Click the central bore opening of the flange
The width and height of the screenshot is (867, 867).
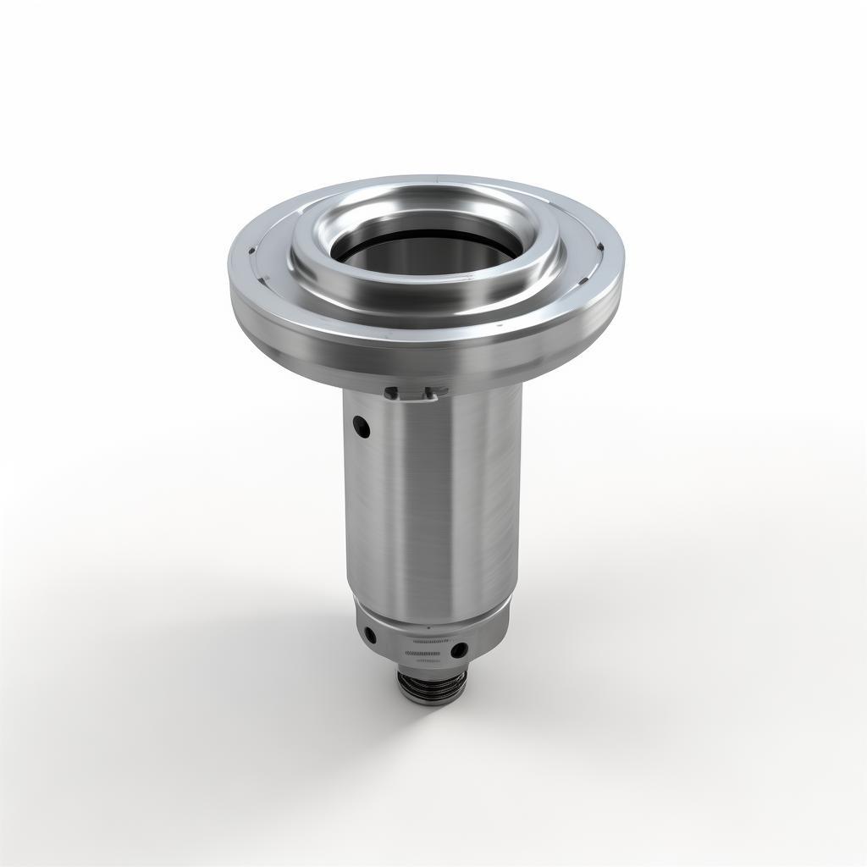(423, 246)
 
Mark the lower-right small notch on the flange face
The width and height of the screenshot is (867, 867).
(599, 248)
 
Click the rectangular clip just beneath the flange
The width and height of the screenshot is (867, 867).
(415, 392)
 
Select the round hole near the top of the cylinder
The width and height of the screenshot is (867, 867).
(362, 428)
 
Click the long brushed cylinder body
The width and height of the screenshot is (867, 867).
(432, 508)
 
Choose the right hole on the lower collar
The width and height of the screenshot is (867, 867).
(459, 650)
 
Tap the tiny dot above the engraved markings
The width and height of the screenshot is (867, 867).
(428, 628)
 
